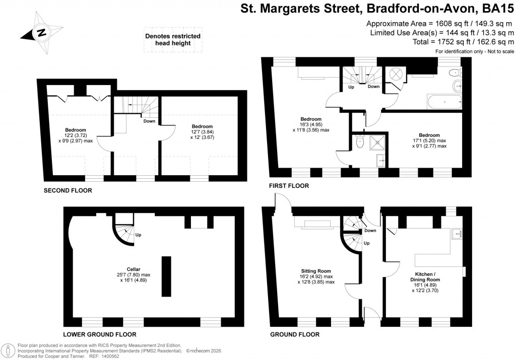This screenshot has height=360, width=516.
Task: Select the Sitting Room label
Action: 316,276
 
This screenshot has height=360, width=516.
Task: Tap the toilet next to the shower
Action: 358,143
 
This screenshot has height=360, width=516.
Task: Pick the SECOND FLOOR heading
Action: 68,191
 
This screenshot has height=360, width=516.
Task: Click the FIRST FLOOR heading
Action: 289,186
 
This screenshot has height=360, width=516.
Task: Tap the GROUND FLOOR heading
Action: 294,334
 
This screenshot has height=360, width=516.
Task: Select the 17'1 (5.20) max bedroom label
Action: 429,140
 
